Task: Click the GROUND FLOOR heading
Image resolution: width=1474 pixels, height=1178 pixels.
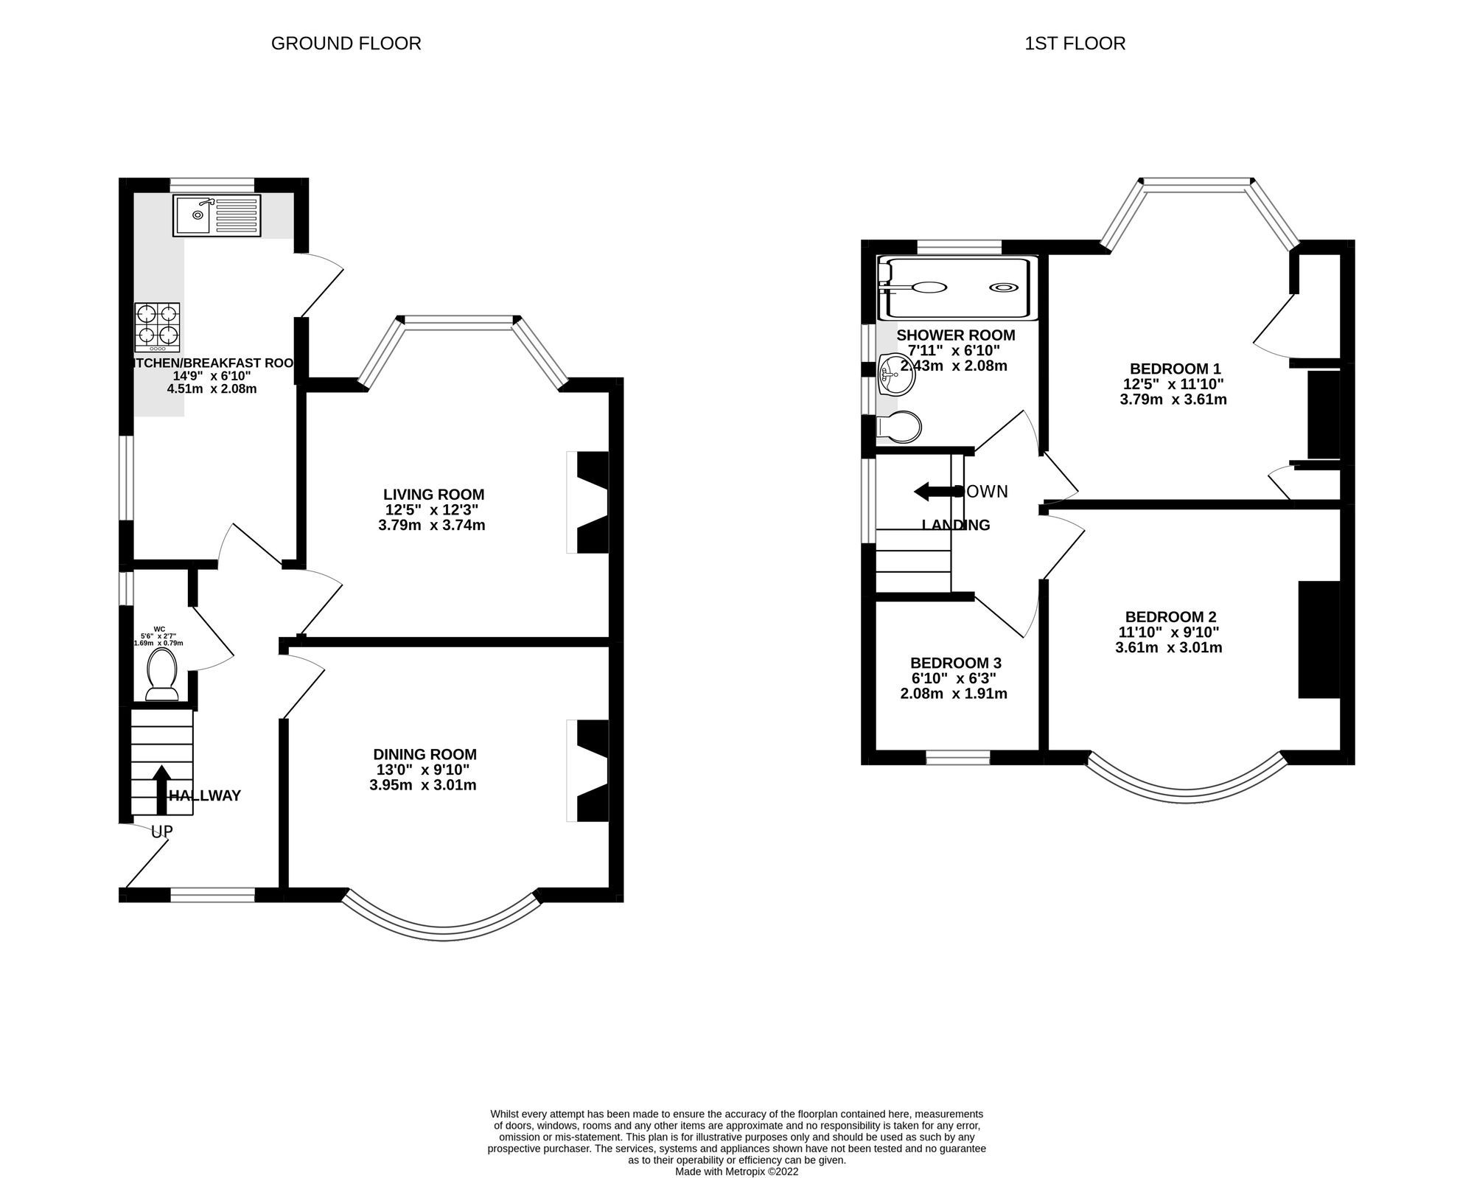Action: point(346,43)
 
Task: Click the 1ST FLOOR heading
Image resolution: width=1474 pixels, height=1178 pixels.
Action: point(1075,43)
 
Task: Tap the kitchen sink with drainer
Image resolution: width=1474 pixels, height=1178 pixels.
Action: point(217,215)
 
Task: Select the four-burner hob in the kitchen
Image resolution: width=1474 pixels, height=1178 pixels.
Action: point(157,327)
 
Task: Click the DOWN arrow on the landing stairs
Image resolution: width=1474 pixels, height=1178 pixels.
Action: point(931,492)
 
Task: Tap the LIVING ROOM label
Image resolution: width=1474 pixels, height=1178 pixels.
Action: point(433,495)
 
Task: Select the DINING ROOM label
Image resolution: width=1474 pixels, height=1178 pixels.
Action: point(425,754)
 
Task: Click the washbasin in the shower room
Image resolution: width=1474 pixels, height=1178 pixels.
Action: point(896,374)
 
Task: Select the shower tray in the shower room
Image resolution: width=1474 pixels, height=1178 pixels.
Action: point(958,288)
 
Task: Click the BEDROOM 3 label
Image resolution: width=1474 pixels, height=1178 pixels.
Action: point(955,663)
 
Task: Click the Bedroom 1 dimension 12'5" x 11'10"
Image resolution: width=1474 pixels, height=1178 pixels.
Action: point(1173,384)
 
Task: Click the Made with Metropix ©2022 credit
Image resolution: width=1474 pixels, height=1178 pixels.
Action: point(736,1171)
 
